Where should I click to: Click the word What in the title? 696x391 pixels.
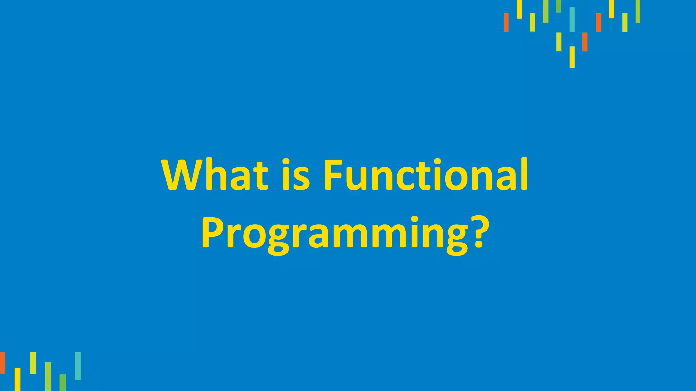click(215, 175)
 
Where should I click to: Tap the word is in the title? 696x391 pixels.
click(296, 175)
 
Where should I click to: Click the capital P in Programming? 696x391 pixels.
click(213, 231)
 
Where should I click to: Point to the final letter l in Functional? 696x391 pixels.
click(524, 174)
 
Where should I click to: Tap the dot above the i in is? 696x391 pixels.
click(286, 162)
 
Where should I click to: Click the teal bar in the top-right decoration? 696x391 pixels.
click(572, 19)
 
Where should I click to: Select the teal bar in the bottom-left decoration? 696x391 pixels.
click(78, 366)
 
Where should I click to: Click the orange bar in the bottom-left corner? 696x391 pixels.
click(2, 362)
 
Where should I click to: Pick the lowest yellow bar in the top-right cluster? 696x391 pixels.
click(572, 57)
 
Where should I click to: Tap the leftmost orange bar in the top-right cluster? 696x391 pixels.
click(506, 22)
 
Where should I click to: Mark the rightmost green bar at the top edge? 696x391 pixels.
click(638, 11)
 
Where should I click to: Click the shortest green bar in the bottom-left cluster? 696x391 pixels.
click(63, 383)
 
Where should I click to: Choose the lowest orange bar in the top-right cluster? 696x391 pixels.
click(585, 42)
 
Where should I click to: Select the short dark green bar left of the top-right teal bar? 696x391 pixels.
click(558, 6)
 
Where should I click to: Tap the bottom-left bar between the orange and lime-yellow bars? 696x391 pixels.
click(17, 379)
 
